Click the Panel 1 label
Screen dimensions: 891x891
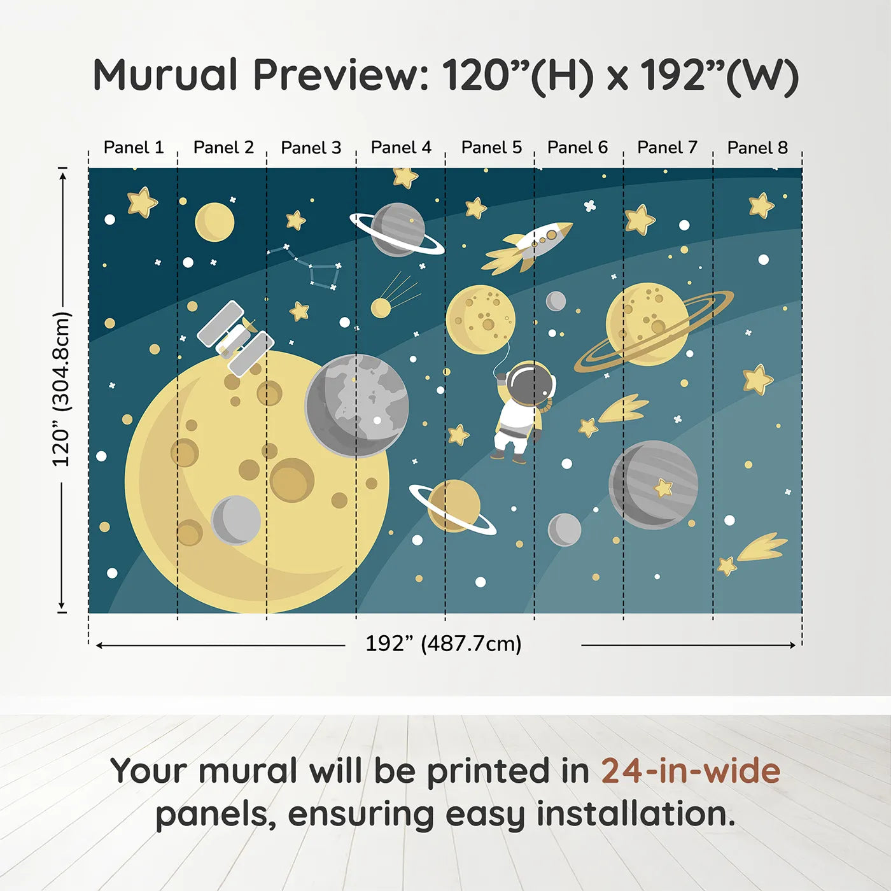click(x=134, y=148)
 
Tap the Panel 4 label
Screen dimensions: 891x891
click(x=401, y=148)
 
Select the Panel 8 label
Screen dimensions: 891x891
click(x=757, y=148)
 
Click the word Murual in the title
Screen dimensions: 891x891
click(x=165, y=75)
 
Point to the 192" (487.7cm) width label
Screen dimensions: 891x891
click(x=443, y=644)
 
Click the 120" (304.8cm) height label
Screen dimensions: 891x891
click(x=61, y=389)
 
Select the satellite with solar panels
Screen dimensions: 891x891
click(x=235, y=338)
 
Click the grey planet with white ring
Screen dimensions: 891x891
click(x=398, y=229)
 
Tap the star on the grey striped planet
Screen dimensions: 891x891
click(x=664, y=488)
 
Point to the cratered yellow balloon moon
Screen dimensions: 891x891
click(x=481, y=319)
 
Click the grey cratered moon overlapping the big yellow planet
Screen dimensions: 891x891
click(x=356, y=405)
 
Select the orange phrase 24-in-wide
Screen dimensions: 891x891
click(x=691, y=771)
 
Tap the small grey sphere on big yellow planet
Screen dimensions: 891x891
click(x=236, y=520)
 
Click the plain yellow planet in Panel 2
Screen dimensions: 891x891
click(x=214, y=222)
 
